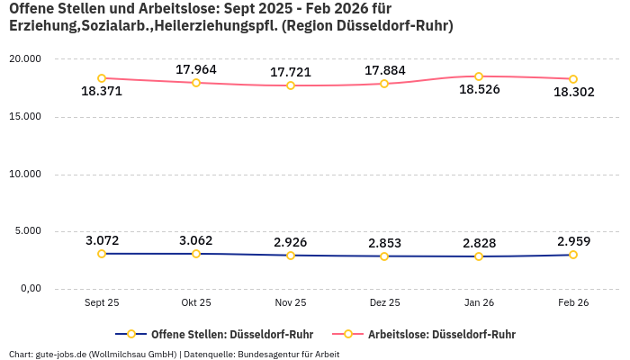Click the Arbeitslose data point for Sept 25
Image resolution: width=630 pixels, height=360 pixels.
102,78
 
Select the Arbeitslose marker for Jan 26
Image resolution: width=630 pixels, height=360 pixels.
479,76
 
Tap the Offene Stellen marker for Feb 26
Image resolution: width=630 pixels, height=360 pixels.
572,255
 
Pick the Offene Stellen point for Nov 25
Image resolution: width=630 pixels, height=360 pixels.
291,256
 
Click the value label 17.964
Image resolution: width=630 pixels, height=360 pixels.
196,69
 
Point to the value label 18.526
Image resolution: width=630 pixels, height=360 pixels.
479,90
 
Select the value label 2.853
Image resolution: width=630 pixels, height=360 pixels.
385,243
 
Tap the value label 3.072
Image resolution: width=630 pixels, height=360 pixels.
103,240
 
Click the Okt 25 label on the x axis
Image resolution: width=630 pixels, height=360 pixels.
196,303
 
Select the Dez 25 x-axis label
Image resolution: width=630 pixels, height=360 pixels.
384,303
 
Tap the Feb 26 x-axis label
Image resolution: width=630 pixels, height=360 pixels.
572,303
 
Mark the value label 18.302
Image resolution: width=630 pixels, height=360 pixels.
573,92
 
